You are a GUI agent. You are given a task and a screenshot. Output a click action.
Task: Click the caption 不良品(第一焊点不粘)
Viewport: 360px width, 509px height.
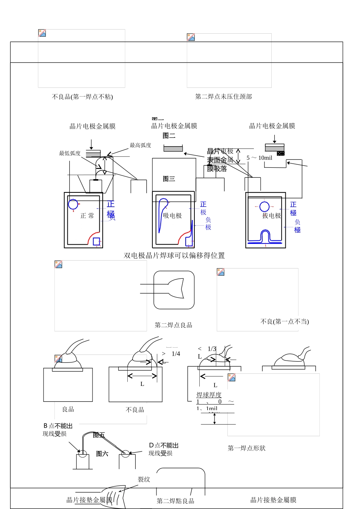pos(82,97)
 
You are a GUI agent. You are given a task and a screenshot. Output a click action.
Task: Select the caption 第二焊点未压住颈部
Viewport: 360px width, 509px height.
pos(223,97)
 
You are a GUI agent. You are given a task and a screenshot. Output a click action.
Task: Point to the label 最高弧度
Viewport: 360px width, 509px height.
pos(140,145)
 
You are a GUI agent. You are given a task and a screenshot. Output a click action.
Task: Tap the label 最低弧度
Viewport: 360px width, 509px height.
pos(70,153)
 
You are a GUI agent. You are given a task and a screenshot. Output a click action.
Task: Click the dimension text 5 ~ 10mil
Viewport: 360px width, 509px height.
pos(259,158)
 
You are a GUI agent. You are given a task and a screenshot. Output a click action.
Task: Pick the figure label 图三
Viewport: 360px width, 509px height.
pos(169,179)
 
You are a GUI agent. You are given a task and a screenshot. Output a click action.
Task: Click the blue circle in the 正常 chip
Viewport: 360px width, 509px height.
pos(73,204)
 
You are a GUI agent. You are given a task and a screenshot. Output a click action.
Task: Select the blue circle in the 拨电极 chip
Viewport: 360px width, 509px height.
pos(264,207)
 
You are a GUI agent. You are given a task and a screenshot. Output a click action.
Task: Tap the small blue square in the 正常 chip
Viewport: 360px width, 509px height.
pos(97,241)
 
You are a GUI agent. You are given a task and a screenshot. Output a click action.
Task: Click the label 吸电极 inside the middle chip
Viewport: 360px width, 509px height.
pos(172,216)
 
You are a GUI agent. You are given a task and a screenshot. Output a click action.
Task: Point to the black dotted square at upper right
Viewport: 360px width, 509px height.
pos(280,153)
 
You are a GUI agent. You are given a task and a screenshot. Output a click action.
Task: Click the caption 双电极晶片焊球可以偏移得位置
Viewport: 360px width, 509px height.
pos(174,256)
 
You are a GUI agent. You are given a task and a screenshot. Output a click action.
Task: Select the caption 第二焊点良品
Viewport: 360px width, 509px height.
pos(173,325)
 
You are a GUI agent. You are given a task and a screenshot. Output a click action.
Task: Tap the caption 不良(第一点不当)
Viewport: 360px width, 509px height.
pos(285,322)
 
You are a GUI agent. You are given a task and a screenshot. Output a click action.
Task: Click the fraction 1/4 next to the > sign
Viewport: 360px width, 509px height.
pos(176,354)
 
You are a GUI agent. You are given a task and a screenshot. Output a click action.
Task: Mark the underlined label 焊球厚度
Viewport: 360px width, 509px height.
pos(209,395)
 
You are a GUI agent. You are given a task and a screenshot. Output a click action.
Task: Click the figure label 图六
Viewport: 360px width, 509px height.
pos(102,454)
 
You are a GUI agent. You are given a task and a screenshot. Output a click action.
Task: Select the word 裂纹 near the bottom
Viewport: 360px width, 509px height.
pos(144,479)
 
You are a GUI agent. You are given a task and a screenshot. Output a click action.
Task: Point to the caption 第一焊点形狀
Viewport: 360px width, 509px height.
pos(246,448)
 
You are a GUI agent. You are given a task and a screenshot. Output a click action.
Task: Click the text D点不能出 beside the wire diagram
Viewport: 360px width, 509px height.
pos(164,445)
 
